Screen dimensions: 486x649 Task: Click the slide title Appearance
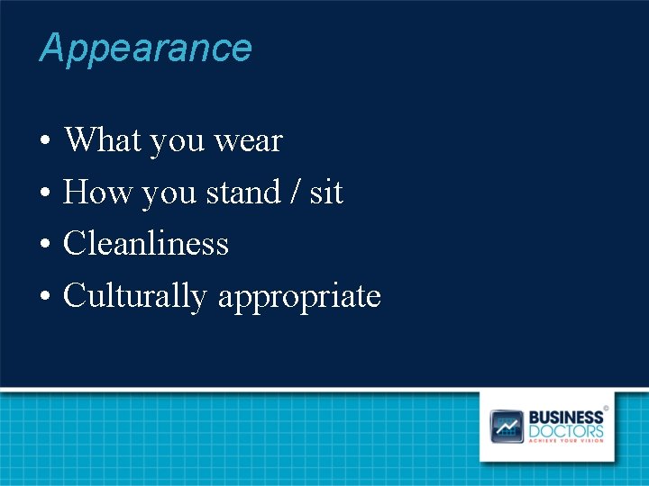point(145,48)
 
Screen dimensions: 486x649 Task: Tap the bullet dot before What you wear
point(43,142)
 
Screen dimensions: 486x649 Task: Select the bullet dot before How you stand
point(43,193)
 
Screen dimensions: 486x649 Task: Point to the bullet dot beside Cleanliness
point(43,245)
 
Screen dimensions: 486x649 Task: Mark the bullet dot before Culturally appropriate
point(43,297)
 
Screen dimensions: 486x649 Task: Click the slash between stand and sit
point(296,193)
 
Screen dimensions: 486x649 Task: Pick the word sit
point(326,193)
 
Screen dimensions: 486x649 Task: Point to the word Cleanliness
point(146,244)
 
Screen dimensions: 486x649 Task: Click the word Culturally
point(135,296)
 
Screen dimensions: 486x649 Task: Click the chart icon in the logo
point(507,426)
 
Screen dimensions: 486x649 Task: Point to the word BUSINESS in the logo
point(566,418)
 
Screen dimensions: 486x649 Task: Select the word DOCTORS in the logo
point(566,431)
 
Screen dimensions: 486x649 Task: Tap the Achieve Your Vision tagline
point(566,441)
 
